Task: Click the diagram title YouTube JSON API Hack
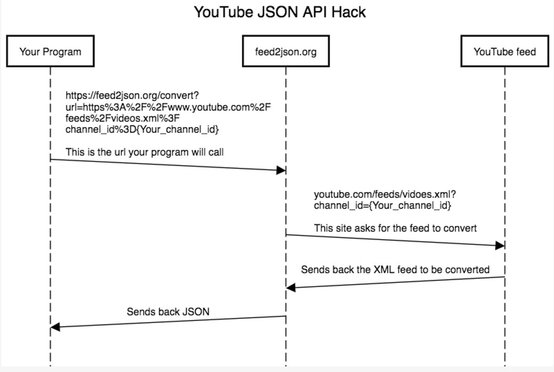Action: pos(279,12)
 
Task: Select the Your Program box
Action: pos(50,51)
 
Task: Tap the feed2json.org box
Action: pos(286,51)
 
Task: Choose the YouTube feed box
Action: pos(505,51)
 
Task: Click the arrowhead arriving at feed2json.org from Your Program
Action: pos(281,170)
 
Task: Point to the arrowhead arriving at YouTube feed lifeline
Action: pos(500,246)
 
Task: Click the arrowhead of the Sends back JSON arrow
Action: pos(55,327)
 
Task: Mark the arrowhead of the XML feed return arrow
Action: pos(291,288)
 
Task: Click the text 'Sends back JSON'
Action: pos(168,312)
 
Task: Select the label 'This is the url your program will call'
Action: pos(145,152)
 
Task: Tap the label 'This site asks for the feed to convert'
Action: pos(395,228)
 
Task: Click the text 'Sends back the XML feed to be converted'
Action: pos(395,269)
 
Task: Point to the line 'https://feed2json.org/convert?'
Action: pos(132,96)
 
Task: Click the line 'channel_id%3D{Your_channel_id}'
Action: pos(142,130)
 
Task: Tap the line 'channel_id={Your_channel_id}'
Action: pos(382,206)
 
